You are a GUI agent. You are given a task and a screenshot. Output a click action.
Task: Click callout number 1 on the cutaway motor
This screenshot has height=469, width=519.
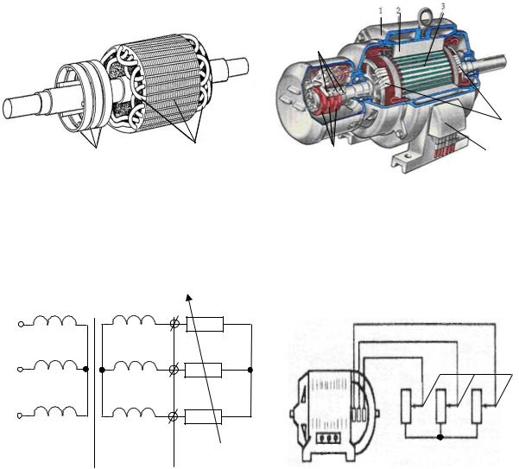[x=381, y=11]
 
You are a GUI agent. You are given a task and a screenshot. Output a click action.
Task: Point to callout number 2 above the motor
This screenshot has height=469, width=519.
[x=398, y=10]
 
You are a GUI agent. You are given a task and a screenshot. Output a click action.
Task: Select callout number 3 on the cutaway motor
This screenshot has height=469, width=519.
[x=443, y=6]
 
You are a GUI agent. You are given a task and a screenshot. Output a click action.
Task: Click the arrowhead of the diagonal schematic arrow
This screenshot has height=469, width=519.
[x=189, y=297]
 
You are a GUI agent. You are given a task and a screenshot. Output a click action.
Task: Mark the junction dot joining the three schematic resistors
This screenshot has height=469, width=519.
[x=250, y=370]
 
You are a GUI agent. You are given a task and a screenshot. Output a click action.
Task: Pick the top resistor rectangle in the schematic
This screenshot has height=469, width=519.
[x=205, y=324]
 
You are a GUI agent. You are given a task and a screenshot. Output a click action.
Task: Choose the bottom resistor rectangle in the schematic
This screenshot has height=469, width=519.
[x=203, y=416]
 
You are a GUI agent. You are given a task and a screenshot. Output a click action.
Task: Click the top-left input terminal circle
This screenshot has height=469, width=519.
[x=21, y=325]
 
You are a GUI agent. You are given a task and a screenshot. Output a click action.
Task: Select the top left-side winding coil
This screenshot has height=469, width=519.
[x=55, y=320]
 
